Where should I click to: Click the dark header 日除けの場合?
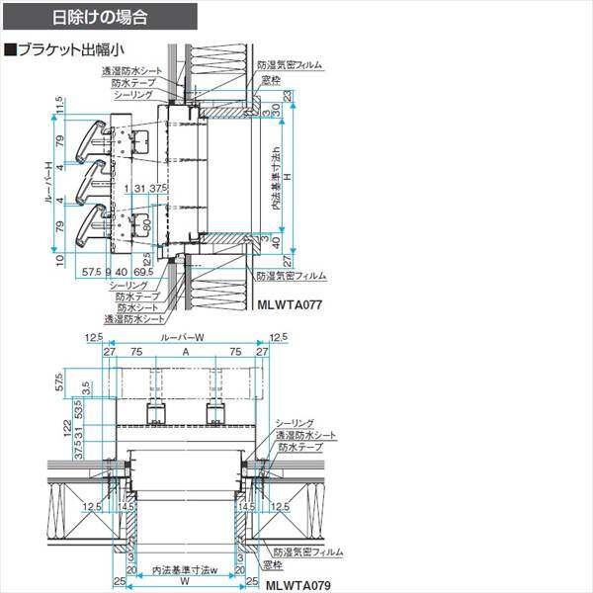point(99,18)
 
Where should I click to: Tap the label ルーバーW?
point(185,338)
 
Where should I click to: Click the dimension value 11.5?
point(60,105)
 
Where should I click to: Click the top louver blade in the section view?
point(97,135)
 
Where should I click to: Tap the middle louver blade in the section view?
point(97,178)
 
